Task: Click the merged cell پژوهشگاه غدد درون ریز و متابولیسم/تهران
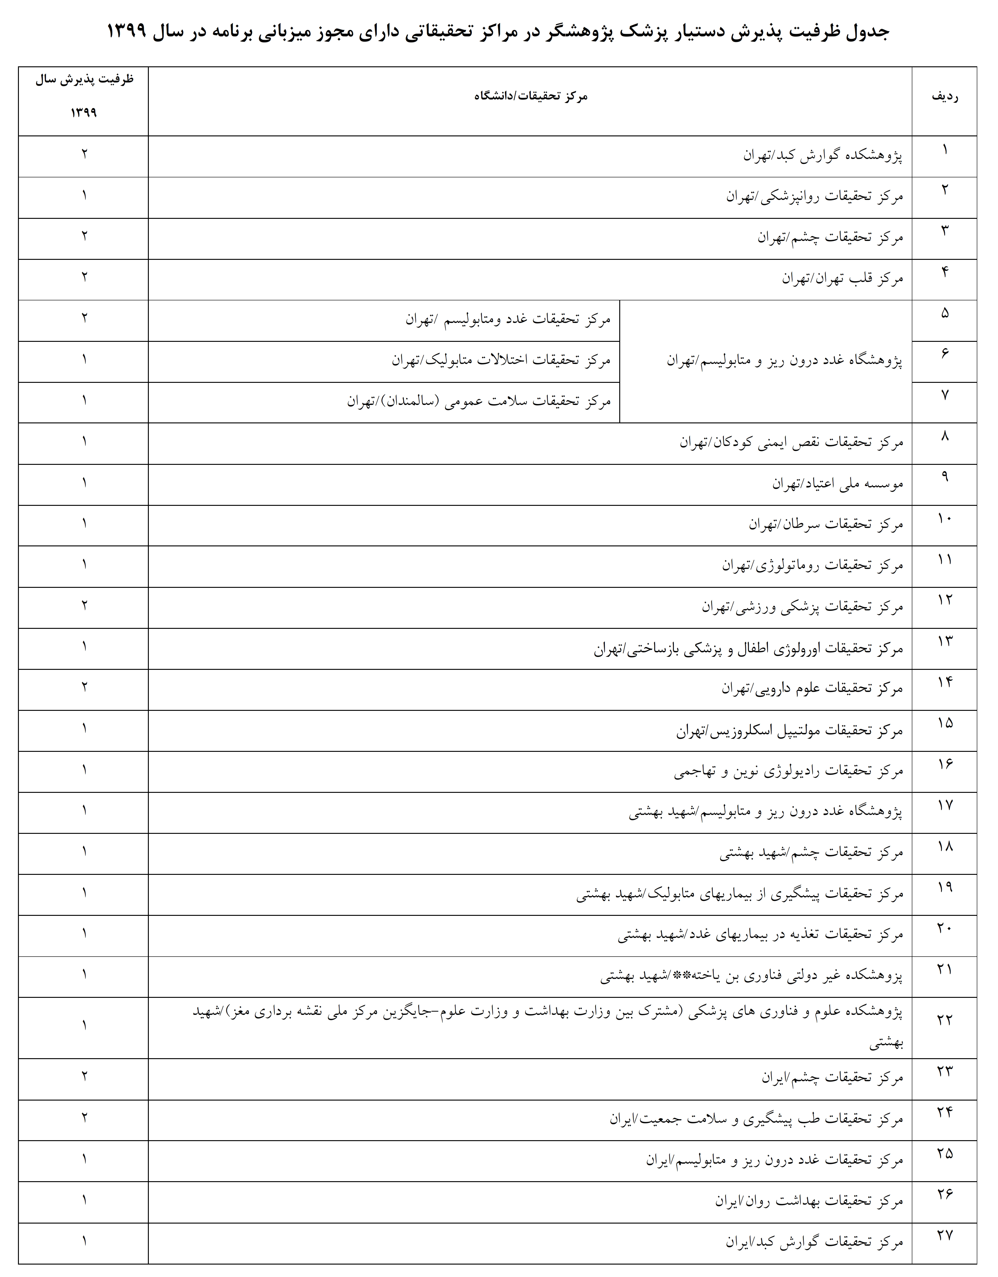point(785,361)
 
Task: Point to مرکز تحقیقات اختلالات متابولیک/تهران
point(501,361)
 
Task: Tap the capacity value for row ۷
point(84,401)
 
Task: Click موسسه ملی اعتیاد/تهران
point(837,483)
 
